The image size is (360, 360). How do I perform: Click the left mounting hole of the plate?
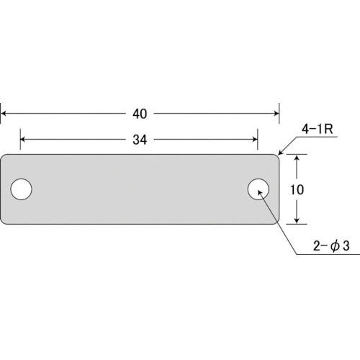[22, 189]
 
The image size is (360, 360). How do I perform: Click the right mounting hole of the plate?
[258, 189]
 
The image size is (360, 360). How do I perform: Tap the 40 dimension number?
[140, 114]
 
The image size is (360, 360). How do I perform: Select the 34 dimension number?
[140, 140]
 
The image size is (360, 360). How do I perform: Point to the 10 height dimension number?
[297, 189]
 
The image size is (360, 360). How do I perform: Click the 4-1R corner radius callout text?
[318, 130]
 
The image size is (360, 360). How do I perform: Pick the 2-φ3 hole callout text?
[331, 246]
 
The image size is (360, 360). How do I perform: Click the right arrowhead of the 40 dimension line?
[276, 114]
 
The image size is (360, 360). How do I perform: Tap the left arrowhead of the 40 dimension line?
[4, 114]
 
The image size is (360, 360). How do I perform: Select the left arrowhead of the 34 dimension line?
[24, 140]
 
